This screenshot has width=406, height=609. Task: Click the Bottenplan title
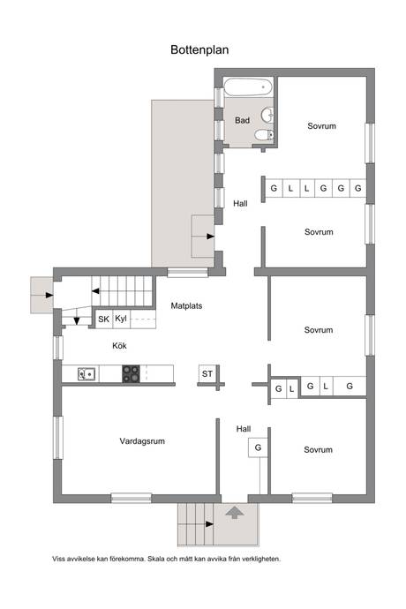[x=199, y=49]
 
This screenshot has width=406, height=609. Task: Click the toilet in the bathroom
[x=264, y=135]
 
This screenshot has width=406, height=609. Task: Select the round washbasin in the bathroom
[x=267, y=116]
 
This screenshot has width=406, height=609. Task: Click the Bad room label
[x=242, y=120]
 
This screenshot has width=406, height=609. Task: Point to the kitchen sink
[x=87, y=374]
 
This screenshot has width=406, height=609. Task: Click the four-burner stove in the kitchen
[x=131, y=374]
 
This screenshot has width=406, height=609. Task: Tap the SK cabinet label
[x=103, y=320]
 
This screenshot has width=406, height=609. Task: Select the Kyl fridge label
[x=121, y=319]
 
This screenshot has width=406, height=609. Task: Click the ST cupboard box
[x=207, y=374]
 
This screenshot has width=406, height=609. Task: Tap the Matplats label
[x=186, y=306]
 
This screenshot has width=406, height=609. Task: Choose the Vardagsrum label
[x=142, y=441]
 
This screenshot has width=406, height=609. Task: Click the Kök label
[x=119, y=346]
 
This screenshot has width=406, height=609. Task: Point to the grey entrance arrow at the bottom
[x=235, y=512]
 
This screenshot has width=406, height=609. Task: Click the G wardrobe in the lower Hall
[x=258, y=447]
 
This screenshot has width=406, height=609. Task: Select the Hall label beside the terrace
[x=240, y=203]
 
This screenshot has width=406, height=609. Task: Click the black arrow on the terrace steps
[x=210, y=237]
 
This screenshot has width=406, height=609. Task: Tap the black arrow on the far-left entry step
[x=49, y=295]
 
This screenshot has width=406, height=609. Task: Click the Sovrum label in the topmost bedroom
[x=321, y=126]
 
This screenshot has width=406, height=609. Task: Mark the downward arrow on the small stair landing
[x=77, y=320]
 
